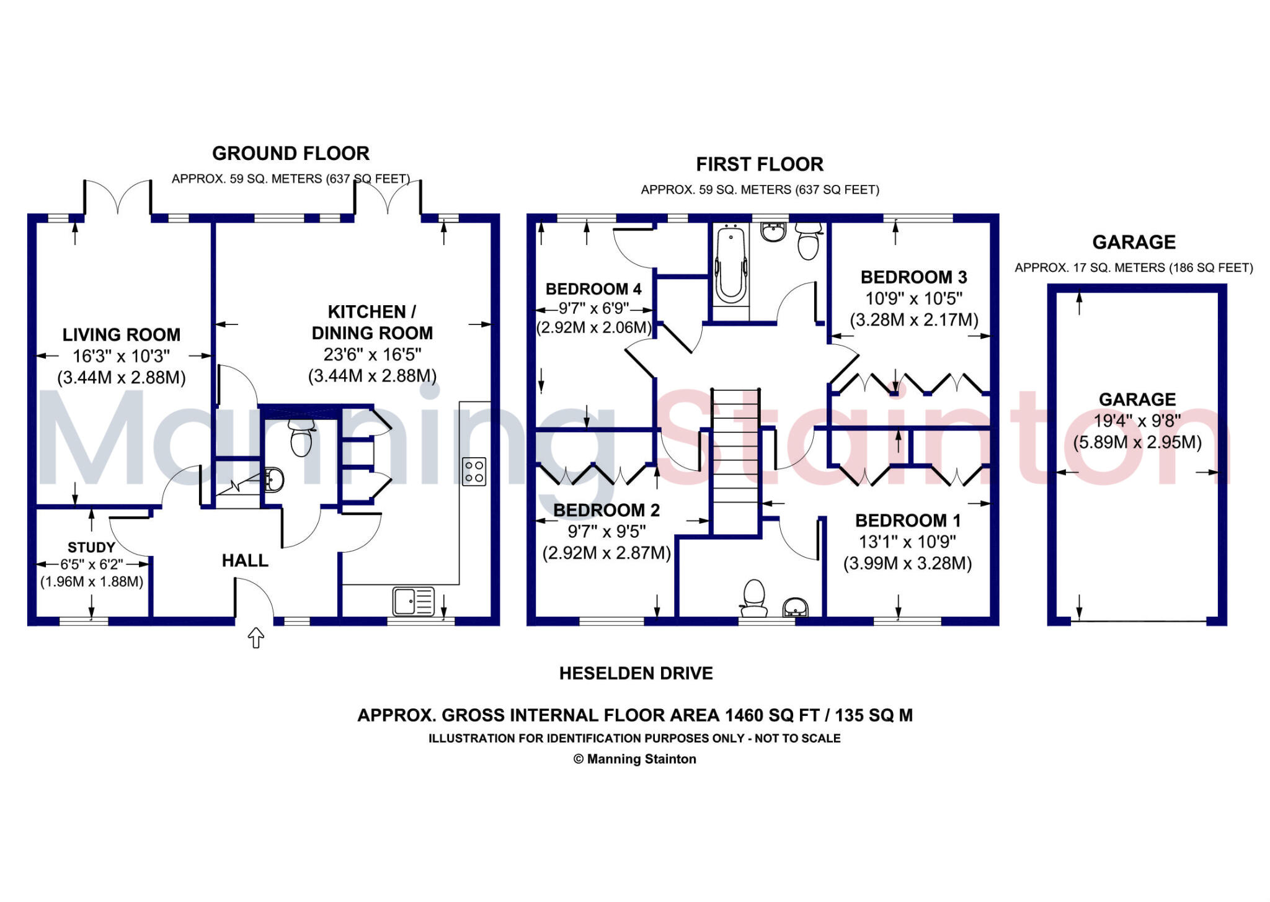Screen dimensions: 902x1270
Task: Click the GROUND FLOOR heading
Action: click(x=290, y=153)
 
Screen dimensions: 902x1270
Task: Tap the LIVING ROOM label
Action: click(x=122, y=335)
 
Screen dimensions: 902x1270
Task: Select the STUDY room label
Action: click(x=91, y=547)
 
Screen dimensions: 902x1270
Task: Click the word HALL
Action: click(x=245, y=561)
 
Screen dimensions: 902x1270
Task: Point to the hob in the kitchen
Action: click(x=474, y=471)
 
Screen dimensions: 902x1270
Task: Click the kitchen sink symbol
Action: click(x=413, y=601)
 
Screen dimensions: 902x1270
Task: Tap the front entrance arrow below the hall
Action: click(x=256, y=637)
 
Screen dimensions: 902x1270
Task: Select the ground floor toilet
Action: click(x=301, y=438)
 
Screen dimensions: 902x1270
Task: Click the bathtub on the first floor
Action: click(x=730, y=265)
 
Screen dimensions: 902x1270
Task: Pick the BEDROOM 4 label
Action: click(x=593, y=289)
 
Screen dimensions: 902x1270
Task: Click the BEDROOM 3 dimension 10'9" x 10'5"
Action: click(x=913, y=298)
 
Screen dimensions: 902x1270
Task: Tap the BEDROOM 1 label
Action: click(x=908, y=520)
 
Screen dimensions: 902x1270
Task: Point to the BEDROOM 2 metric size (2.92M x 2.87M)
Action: click(x=606, y=553)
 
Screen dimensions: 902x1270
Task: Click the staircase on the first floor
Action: click(x=735, y=459)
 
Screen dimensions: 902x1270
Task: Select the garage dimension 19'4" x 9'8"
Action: click(x=1137, y=421)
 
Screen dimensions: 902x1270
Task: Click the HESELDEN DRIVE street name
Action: click(x=636, y=673)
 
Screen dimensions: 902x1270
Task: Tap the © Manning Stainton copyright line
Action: click(x=634, y=759)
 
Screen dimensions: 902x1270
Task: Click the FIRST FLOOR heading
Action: click(x=760, y=164)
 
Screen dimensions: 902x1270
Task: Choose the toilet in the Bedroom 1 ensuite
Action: click(x=754, y=596)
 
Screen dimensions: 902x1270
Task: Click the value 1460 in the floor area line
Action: click(x=744, y=715)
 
